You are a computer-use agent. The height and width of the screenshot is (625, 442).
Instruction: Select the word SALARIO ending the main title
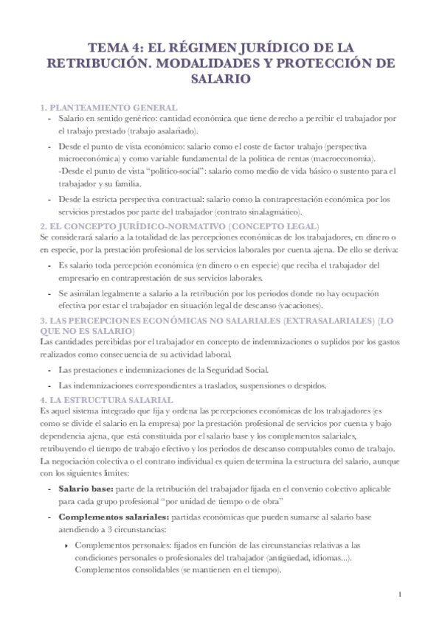[x=221, y=78]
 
